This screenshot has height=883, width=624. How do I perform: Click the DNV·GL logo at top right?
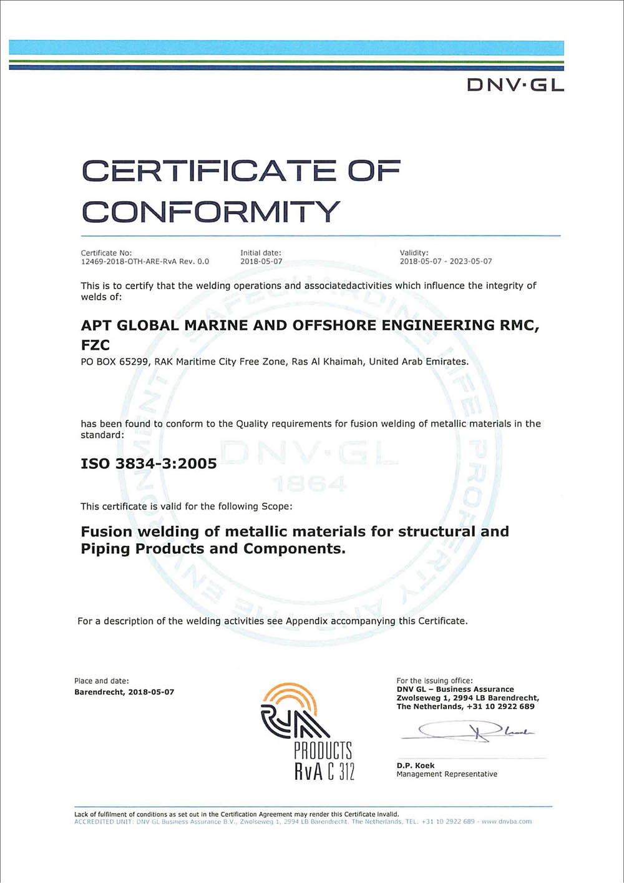coord(515,85)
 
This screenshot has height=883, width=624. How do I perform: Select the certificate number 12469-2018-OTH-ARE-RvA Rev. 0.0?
coord(145,262)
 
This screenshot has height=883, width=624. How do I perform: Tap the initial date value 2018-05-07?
coord(261,262)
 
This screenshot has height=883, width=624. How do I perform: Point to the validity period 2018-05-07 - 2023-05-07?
coord(446,262)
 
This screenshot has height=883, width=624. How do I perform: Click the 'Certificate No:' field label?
coord(106,253)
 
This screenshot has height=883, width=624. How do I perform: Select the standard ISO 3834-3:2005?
coord(149,464)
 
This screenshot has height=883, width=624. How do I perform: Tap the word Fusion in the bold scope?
coord(107,532)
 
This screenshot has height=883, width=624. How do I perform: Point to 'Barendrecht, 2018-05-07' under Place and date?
coord(124,692)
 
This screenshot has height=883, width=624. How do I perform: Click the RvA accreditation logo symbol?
coord(293,712)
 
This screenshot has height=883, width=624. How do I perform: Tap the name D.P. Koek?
coord(416,766)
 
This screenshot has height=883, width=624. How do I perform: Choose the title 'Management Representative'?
coord(447,774)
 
